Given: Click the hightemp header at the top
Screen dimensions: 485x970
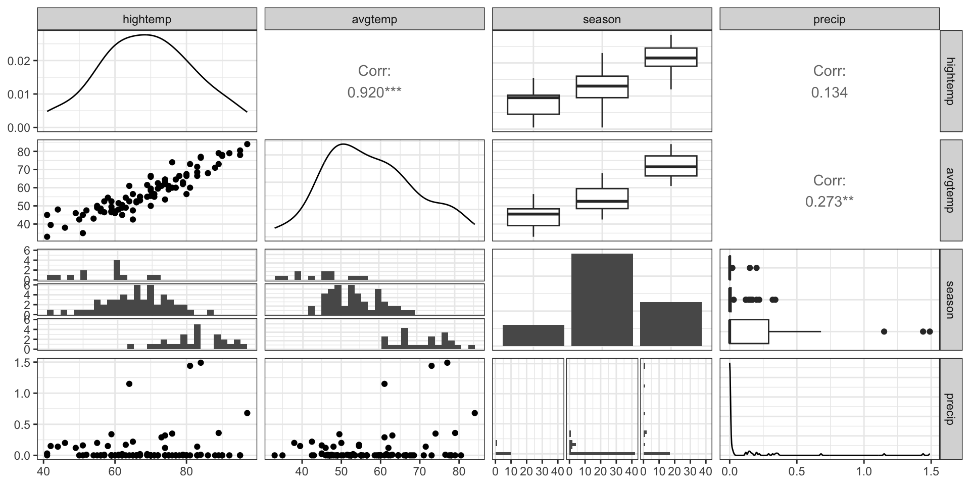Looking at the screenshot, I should click(x=147, y=20).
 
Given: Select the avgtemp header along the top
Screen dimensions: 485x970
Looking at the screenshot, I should click(x=374, y=20).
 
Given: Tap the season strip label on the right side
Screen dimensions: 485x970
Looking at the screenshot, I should click(x=950, y=300).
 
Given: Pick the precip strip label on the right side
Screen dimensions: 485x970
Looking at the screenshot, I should click(x=950, y=409).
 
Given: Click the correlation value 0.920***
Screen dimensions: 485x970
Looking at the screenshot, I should click(x=374, y=92).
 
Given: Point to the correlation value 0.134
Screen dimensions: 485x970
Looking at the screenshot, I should click(x=829, y=92).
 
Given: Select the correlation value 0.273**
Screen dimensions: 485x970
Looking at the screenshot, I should click(x=829, y=202).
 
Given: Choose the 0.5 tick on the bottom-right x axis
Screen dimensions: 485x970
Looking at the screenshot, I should click(x=797, y=471).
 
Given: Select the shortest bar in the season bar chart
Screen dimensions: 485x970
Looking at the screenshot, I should click(x=533, y=335).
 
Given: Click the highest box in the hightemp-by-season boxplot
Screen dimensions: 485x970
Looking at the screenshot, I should click(x=671, y=57).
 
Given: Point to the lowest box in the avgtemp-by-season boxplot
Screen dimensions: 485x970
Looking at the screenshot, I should click(x=533, y=217).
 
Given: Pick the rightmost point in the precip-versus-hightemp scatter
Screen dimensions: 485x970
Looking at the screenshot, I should click(x=247, y=413).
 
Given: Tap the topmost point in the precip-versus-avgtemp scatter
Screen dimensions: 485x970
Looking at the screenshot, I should click(x=447, y=362).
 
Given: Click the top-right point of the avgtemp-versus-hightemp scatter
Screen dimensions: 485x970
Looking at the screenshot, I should click(x=247, y=144).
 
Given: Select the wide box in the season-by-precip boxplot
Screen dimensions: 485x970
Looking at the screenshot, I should click(x=749, y=331).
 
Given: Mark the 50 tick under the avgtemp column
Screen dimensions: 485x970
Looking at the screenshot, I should click(x=342, y=471).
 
